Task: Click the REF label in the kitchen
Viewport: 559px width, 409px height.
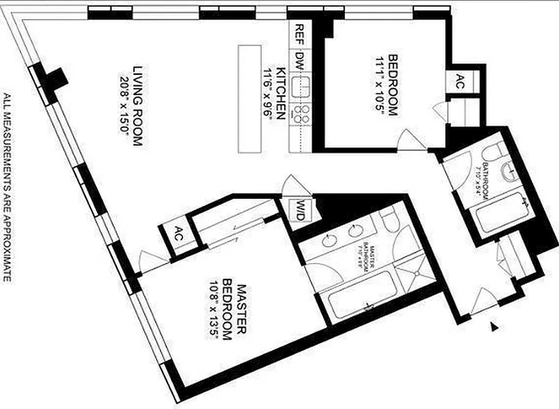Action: [300, 35]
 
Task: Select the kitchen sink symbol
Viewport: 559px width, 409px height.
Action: [300, 87]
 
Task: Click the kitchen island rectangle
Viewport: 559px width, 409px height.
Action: [250, 98]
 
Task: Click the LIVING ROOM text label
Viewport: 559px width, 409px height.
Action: [137, 106]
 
